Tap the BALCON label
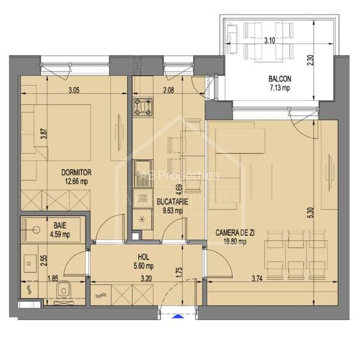[280, 79]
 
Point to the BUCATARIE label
[169, 201]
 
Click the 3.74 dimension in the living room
[255, 279]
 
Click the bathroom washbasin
[28, 263]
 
